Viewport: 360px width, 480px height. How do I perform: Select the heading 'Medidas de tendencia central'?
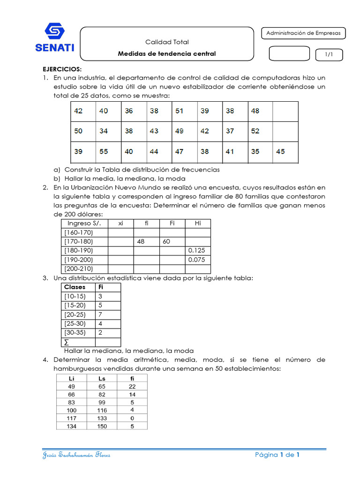(x=167, y=53)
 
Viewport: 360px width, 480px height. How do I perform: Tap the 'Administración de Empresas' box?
(x=303, y=33)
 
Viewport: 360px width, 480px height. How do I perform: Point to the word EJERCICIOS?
(x=59, y=69)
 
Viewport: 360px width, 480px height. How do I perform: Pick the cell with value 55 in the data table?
(x=104, y=151)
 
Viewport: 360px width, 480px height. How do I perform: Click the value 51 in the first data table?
(x=180, y=111)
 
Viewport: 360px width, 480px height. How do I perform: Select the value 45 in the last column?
(x=280, y=151)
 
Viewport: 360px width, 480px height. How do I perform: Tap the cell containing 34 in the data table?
(x=104, y=131)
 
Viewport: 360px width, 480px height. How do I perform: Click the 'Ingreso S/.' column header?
(x=84, y=224)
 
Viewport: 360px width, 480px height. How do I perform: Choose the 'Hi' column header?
(x=197, y=224)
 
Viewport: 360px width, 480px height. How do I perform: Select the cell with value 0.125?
(x=196, y=250)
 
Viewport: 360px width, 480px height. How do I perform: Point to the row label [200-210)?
(x=78, y=269)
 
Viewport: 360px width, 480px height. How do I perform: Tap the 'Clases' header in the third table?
(x=75, y=287)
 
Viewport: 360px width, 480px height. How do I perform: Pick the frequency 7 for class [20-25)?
(x=100, y=315)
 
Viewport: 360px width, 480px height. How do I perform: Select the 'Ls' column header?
(x=102, y=378)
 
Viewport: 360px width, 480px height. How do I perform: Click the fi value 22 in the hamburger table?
(x=132, y=386)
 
